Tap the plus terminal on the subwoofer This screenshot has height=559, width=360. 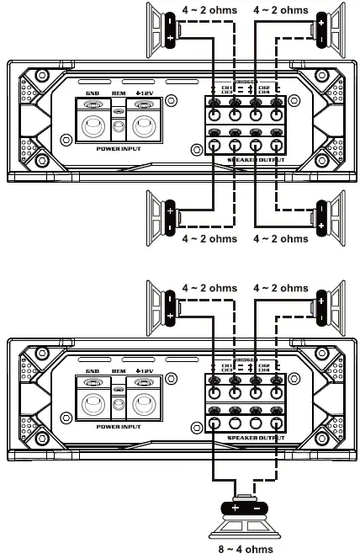234,508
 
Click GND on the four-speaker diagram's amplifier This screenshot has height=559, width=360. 93,93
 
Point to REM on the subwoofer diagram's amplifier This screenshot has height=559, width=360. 118,371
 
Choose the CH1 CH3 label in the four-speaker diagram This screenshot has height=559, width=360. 225,88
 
